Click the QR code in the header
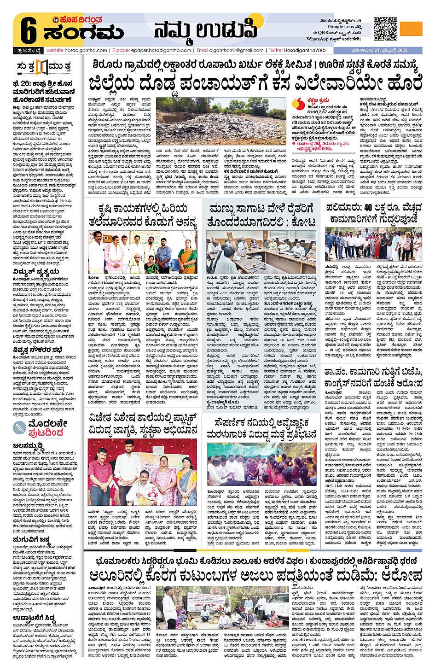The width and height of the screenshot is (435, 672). (385, 29)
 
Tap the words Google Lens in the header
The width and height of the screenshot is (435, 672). (342, 27)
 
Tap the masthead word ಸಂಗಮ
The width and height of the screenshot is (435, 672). (83, 33)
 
